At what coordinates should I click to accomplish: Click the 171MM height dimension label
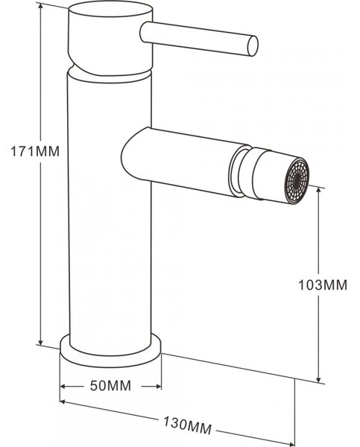pyautogui.click(x=35, y=151)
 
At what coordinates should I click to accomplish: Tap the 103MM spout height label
pyautogui.click(x=323, y=285)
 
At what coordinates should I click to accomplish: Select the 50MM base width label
pyautogui.click(x=110, y=386)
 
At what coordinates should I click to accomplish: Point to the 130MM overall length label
pyautogui.click(x=187, y=425)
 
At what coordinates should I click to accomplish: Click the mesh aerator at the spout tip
pyautogui.click(x=297, y=181)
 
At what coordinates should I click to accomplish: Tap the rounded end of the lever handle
pyautogui.click(x=253, y=45)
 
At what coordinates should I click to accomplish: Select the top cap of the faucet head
pyautogui.click(x=110, y=9)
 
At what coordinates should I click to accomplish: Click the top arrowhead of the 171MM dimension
pyautogui.click(x=41, y=7)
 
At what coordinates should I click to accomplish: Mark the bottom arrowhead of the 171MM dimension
pyautogui.click(x=41, y=341)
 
